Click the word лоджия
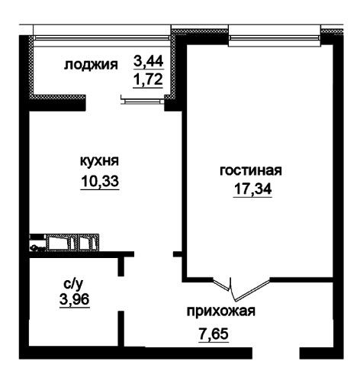[x=91, y=65]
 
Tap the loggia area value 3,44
[x=148, y=62]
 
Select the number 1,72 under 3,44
[x=148, y=80]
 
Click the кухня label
[x=100, y=161]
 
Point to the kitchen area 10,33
[x=100, y=181]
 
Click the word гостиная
[x=251, y=170]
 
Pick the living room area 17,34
[x=252, y=189]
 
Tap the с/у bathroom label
[x=73, y=284]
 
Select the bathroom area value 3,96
[x=75, y=299]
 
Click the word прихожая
[x=221, y=311]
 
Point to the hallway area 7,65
[x=214, y=334]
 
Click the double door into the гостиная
[x=241, y=289]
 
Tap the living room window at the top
[x=275, y=38]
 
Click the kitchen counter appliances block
[x=64, y=242]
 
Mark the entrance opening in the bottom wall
[x=275, y=353]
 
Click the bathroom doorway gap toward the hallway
[x=121, y=294]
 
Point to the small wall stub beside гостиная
[x=177, y=254]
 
